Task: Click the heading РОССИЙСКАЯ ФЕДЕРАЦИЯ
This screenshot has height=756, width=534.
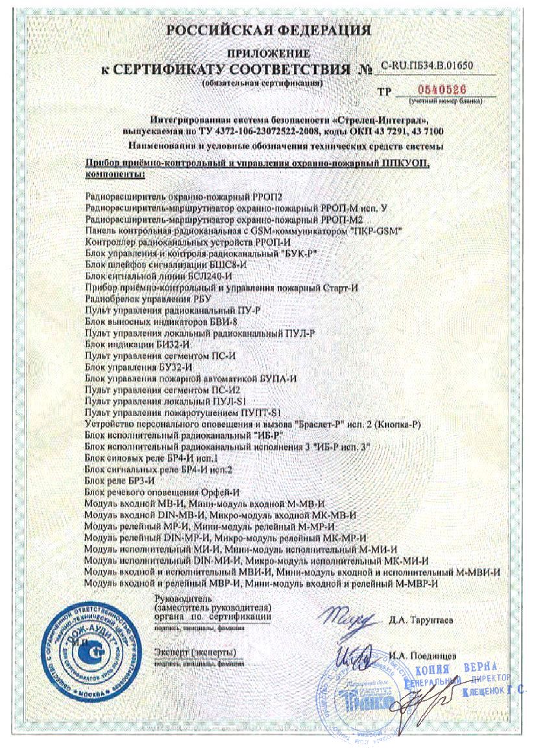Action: point(269,30)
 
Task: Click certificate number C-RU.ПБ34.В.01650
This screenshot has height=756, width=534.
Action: point(428,66)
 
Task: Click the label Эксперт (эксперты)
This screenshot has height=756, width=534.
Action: point(195,651)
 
